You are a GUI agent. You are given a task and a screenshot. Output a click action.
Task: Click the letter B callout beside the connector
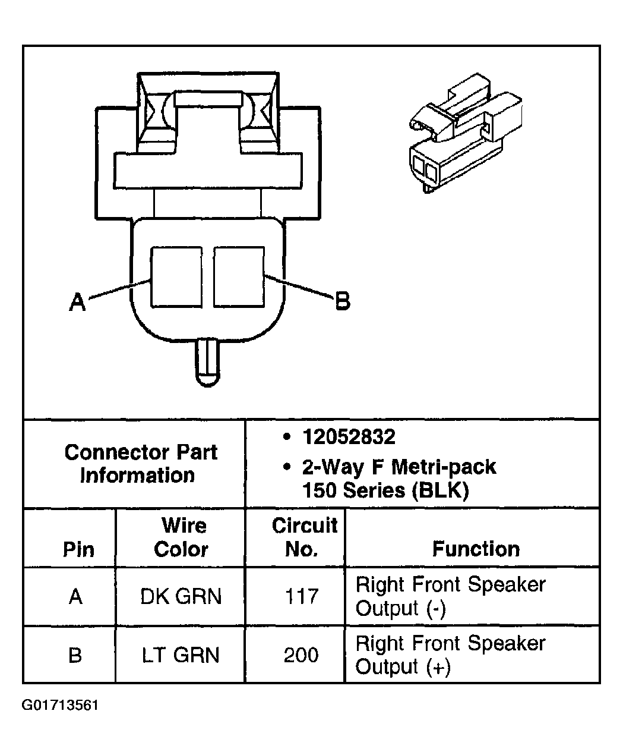click(x=343, y=301)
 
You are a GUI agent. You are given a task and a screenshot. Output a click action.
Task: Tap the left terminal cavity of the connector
click(x=176, y=277)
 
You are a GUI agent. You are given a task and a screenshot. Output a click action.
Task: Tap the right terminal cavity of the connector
click(x=239, y=277)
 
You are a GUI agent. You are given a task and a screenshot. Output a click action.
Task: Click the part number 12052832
click(x=349, y=438)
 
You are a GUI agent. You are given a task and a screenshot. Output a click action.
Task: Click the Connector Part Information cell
click(x=140, y=464)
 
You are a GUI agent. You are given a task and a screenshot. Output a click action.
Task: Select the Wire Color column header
click(x=181, y=537)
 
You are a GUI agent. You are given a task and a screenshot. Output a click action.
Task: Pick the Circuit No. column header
click(x=303, y=537)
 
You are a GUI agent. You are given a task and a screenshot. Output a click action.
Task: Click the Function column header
click(x=475, y=548)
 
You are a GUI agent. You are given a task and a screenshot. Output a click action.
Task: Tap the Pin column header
click(x=78, y=549)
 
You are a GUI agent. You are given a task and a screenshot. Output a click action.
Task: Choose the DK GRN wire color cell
click(x=181, y=596)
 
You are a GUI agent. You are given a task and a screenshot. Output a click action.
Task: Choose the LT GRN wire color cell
click(x=181, y=655)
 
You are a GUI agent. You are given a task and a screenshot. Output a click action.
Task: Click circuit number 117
click(x=302, y=596)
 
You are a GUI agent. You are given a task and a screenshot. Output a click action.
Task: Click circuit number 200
click(x=302, y=655)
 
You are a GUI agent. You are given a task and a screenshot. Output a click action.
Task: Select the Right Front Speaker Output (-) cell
click(x=450, y=596)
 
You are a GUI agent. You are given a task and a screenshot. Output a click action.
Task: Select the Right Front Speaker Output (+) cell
click(x=450, y=655)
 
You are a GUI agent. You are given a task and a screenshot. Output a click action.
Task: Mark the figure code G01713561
click(x=60, y=706)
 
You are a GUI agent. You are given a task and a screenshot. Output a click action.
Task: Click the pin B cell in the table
click(x=75, y=655)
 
